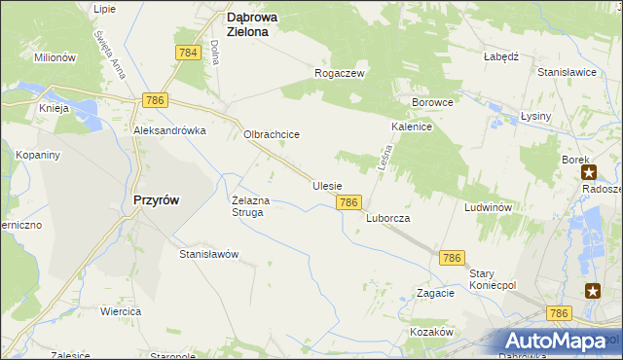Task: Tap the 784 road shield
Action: tap(189, 53)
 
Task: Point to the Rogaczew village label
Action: tap(339, 73)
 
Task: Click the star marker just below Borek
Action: tap(589, 172)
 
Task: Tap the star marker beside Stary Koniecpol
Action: tap(593, 290)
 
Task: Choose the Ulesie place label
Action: tap(327, 185)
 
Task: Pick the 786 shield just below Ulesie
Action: tap(350, 201)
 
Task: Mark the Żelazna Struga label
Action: tap(248, 206)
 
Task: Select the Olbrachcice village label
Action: tap(271, 135)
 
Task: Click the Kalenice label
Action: tap(412, 127)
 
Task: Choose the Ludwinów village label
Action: tap(488, 208)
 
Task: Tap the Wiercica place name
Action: tap(121, 311)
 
